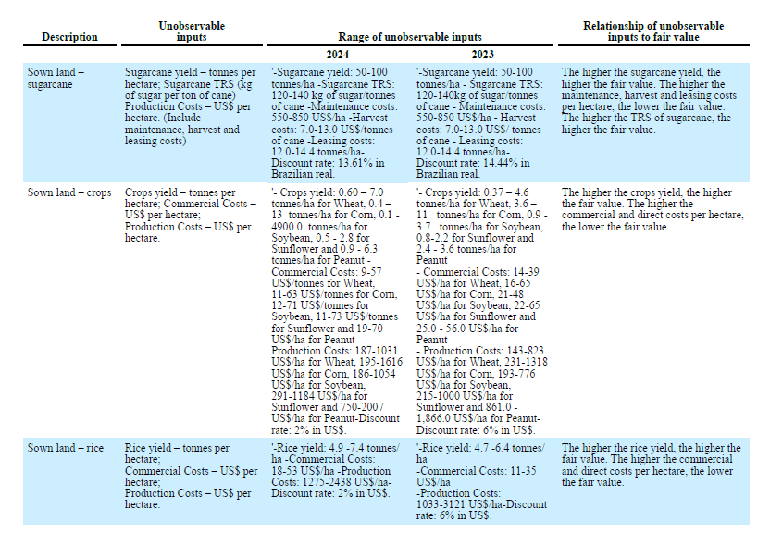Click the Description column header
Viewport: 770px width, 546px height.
point(69,37)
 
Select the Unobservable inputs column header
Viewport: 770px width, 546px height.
point(192,31)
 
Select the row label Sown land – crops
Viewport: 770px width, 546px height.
point(69,192)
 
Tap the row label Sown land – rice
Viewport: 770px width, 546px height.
point(65,449)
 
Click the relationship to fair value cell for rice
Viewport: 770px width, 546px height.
point(652,465)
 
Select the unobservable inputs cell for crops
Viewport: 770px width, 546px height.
point(192,215)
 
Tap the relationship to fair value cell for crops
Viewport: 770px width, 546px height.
point(652,209)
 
